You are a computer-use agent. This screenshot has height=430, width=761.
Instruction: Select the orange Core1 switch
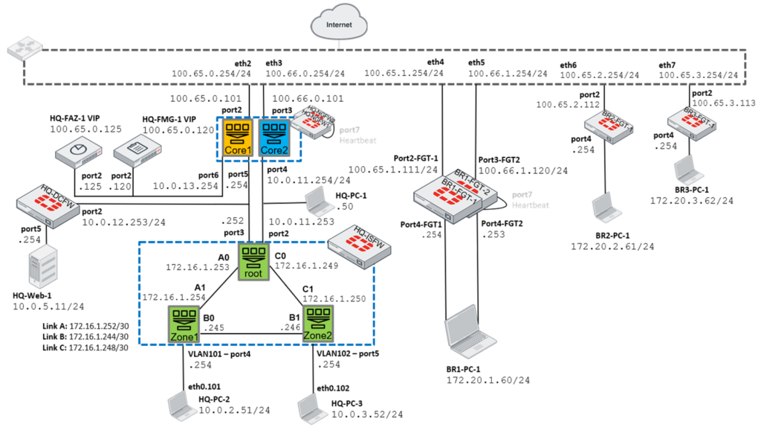(x=238, y=137)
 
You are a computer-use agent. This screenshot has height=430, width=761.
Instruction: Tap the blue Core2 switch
(x=274, y=137)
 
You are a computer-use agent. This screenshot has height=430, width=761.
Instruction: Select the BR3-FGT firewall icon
(x=687, y=121)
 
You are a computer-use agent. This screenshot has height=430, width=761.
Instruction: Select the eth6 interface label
(x=569, y=65)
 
